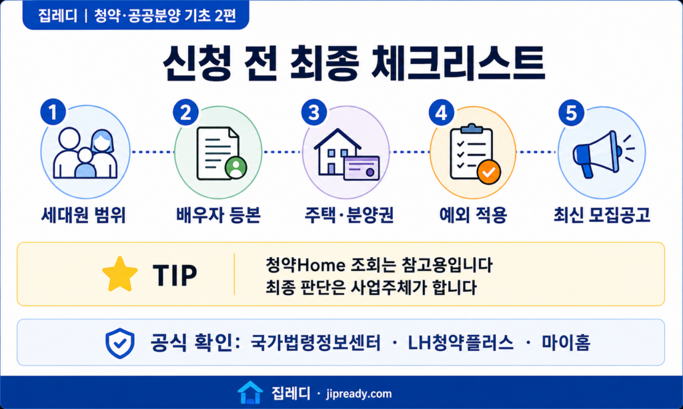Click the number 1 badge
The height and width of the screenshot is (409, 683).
pyautogui.click(x=53, y=113)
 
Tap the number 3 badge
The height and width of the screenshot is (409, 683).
pyautogui.click(x=314, y=113)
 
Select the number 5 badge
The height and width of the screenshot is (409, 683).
pyautogui.click(x=572, y=113)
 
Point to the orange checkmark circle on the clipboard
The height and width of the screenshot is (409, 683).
pyautogui.click(x=489, y=173)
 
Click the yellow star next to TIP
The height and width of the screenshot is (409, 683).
pyautogui.click(x=120, y=274)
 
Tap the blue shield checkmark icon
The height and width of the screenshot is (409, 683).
pyautogui.click(x=120, y=343)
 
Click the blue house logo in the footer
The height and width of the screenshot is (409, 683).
pyautogui.click(x=251, y=392)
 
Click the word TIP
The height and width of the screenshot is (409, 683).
pyautogui.click(x=175, y=275)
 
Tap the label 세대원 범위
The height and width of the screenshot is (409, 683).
pyautogui.click(x=83, y=215)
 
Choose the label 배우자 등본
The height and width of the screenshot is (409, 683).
pyautogui.click(x=218, y=215)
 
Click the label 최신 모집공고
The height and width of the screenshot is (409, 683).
pyautogui.click(x=602, y=215)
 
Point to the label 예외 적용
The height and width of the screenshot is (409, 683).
pyautogui.click(x=473, y=215)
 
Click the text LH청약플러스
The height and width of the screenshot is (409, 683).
pyautogui.click(x=460, y=343)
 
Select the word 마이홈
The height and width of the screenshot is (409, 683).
pyautogui.click(x=566, y=343)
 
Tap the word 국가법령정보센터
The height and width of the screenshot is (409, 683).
pyautogui.click(x=315, y=343)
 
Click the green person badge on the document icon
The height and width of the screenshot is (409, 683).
pyautogui.click(x=235, y=168)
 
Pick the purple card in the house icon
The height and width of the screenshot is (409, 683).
pyautogui.click(x=361, y=168)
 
